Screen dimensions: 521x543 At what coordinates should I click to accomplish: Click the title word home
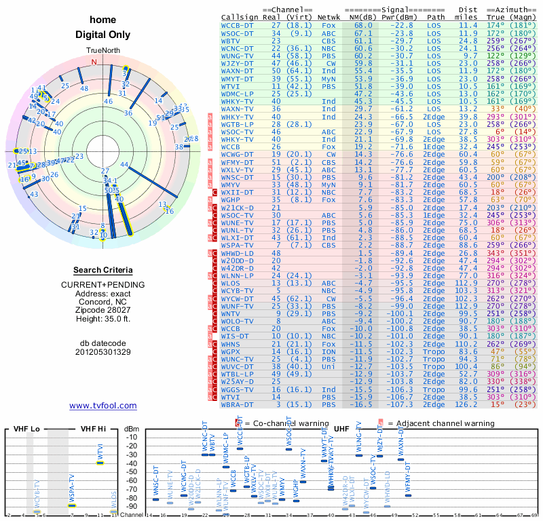click(102, 20)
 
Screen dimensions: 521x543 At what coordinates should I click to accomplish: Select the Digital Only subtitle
click(102, 35)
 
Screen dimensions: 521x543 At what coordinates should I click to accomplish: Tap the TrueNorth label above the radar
click(102, 51)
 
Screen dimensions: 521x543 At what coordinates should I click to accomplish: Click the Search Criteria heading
click(103, 269)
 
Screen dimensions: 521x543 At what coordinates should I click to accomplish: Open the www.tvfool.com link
click(103, 406)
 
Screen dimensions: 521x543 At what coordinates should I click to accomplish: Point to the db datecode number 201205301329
click(103, 352)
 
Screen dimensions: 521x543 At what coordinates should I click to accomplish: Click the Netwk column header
click(331, 17)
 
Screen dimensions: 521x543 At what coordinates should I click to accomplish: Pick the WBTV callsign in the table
click(232, 41)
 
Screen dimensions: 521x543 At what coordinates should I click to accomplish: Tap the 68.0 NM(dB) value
click(362, 25)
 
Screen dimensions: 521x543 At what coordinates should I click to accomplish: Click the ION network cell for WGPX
click(329, 351)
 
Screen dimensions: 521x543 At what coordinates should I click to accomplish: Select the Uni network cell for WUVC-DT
click(329, 367)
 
